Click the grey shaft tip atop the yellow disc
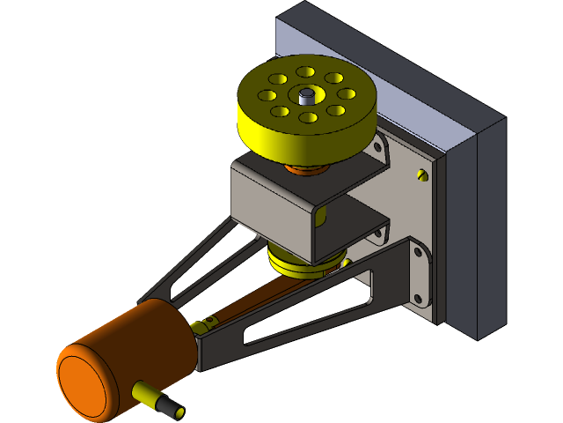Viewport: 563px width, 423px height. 304,94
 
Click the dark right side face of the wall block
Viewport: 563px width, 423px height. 489,229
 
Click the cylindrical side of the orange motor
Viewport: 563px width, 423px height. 154,339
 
